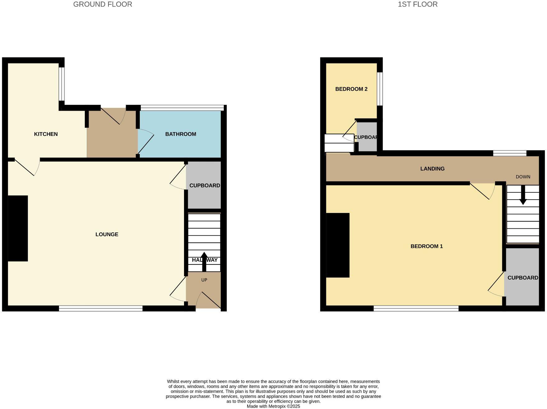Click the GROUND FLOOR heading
click(x=103, y=4)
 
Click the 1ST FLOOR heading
click(x=417, y=4)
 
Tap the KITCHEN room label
click(x=46, y=134)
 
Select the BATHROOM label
click(x=181, y=134)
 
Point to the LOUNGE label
click(x=107, y=235)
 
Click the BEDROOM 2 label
click(x=351, y=89)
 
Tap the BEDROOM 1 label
click(x=426, y=246)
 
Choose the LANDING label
click(x=432, y=169)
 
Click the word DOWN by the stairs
click(x=523, y=177)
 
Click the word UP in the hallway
click(x=204, y=280)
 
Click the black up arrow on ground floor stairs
click(x=204, y=261)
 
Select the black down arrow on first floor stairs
click(x=523, y=195)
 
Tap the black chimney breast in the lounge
click(x=18, y=228)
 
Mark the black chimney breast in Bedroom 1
click(x=338, y=245)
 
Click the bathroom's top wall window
click(x=182, y=108)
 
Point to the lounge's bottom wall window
click(x=101, y=308)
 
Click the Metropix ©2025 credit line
click(x=273, y=406)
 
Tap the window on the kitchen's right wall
click(x=62, y=84)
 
